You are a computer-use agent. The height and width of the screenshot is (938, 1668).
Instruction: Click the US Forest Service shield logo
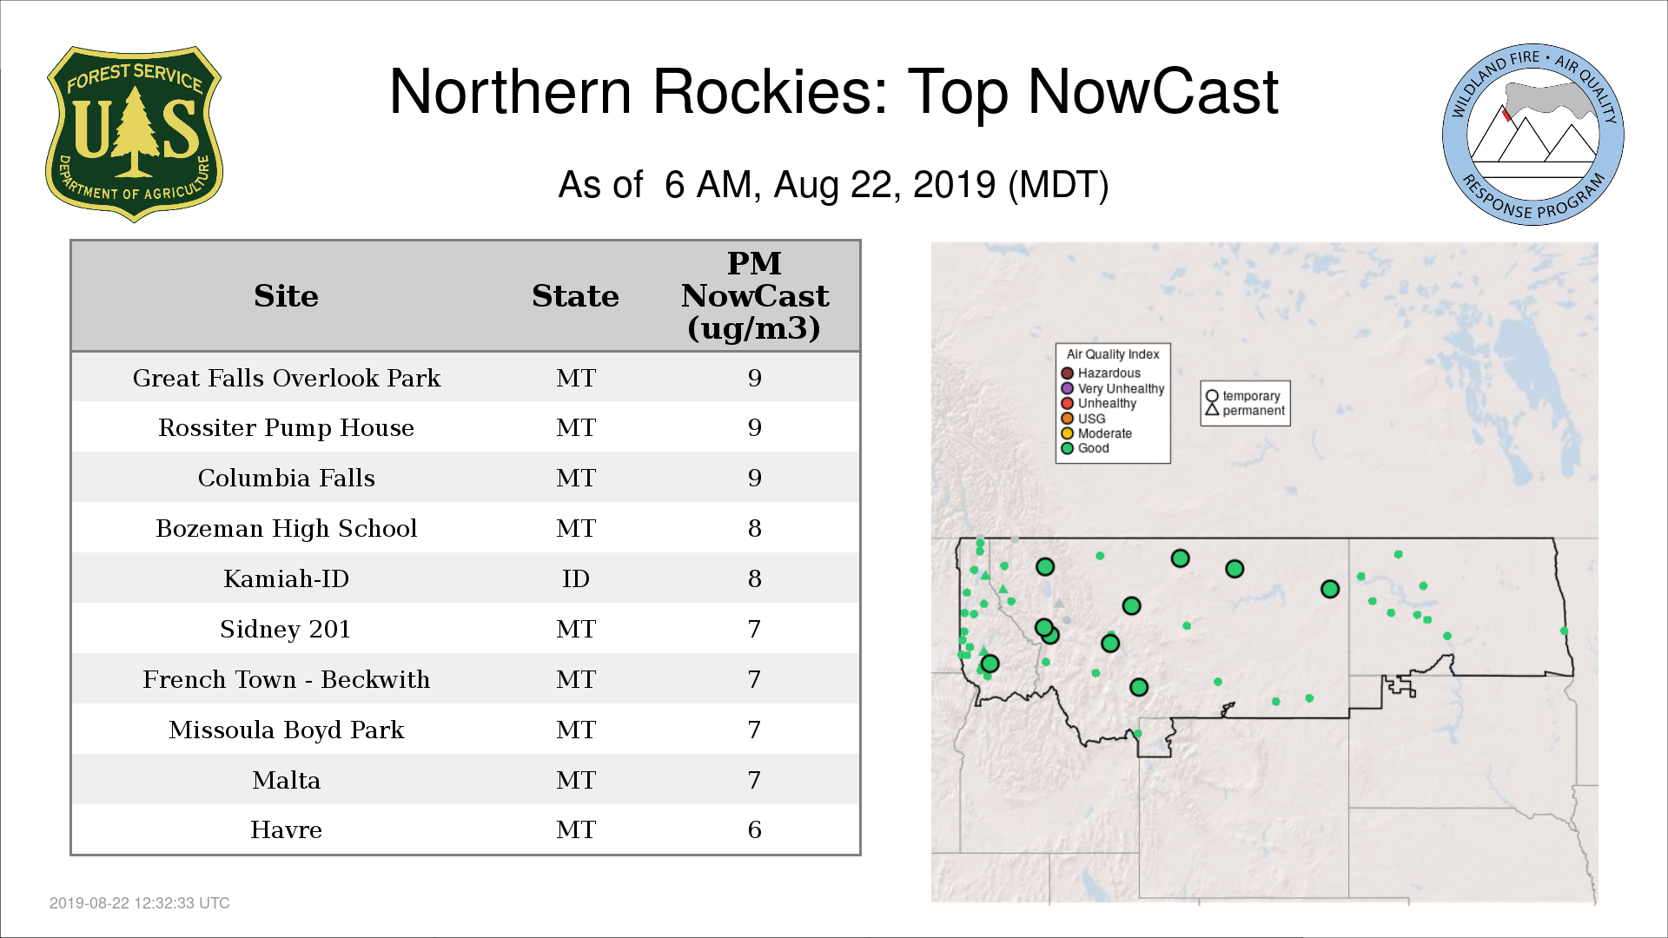[x=134, y=135]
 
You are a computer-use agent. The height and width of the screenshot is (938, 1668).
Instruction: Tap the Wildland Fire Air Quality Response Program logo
[x=1533, y=135]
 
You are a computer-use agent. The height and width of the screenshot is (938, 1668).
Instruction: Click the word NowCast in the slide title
[x=1154, y=92]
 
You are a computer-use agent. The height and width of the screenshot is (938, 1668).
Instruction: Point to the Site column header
[x=287, y=296]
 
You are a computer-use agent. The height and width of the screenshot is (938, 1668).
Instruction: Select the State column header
[x=575, y=296]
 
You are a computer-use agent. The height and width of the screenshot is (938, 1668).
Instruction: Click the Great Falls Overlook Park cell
[x=287, y=379]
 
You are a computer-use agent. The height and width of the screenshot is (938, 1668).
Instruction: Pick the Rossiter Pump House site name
[x=287, y=428]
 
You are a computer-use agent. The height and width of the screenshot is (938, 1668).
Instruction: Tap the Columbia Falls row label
[x=287, y=478]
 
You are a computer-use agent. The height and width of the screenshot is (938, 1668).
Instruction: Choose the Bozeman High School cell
[x=287, y=528]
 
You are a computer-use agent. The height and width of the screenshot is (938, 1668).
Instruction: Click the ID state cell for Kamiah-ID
[x=576, y=578]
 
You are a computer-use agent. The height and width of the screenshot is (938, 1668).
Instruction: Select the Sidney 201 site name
[x=285, y=629]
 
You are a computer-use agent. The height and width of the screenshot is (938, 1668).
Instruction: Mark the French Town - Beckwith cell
[x=287, y=679]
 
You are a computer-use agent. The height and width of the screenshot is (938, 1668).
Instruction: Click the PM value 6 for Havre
[x=755, y=830]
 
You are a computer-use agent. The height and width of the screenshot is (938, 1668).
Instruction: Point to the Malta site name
[x=287, y=780]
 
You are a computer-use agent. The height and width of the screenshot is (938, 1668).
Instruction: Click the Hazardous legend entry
[x=1101, y=373]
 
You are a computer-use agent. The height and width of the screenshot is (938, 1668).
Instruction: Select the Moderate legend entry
[x=1096, y=433]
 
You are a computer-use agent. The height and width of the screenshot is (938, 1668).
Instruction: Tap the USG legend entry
[x=1083, y=419]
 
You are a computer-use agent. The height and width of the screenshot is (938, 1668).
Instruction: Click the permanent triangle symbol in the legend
[x=1212, y=409]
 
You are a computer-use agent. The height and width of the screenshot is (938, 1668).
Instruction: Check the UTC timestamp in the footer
[x=140, y=903]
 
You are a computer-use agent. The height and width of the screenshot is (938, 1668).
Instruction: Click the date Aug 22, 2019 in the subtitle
[x=884, y=185]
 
